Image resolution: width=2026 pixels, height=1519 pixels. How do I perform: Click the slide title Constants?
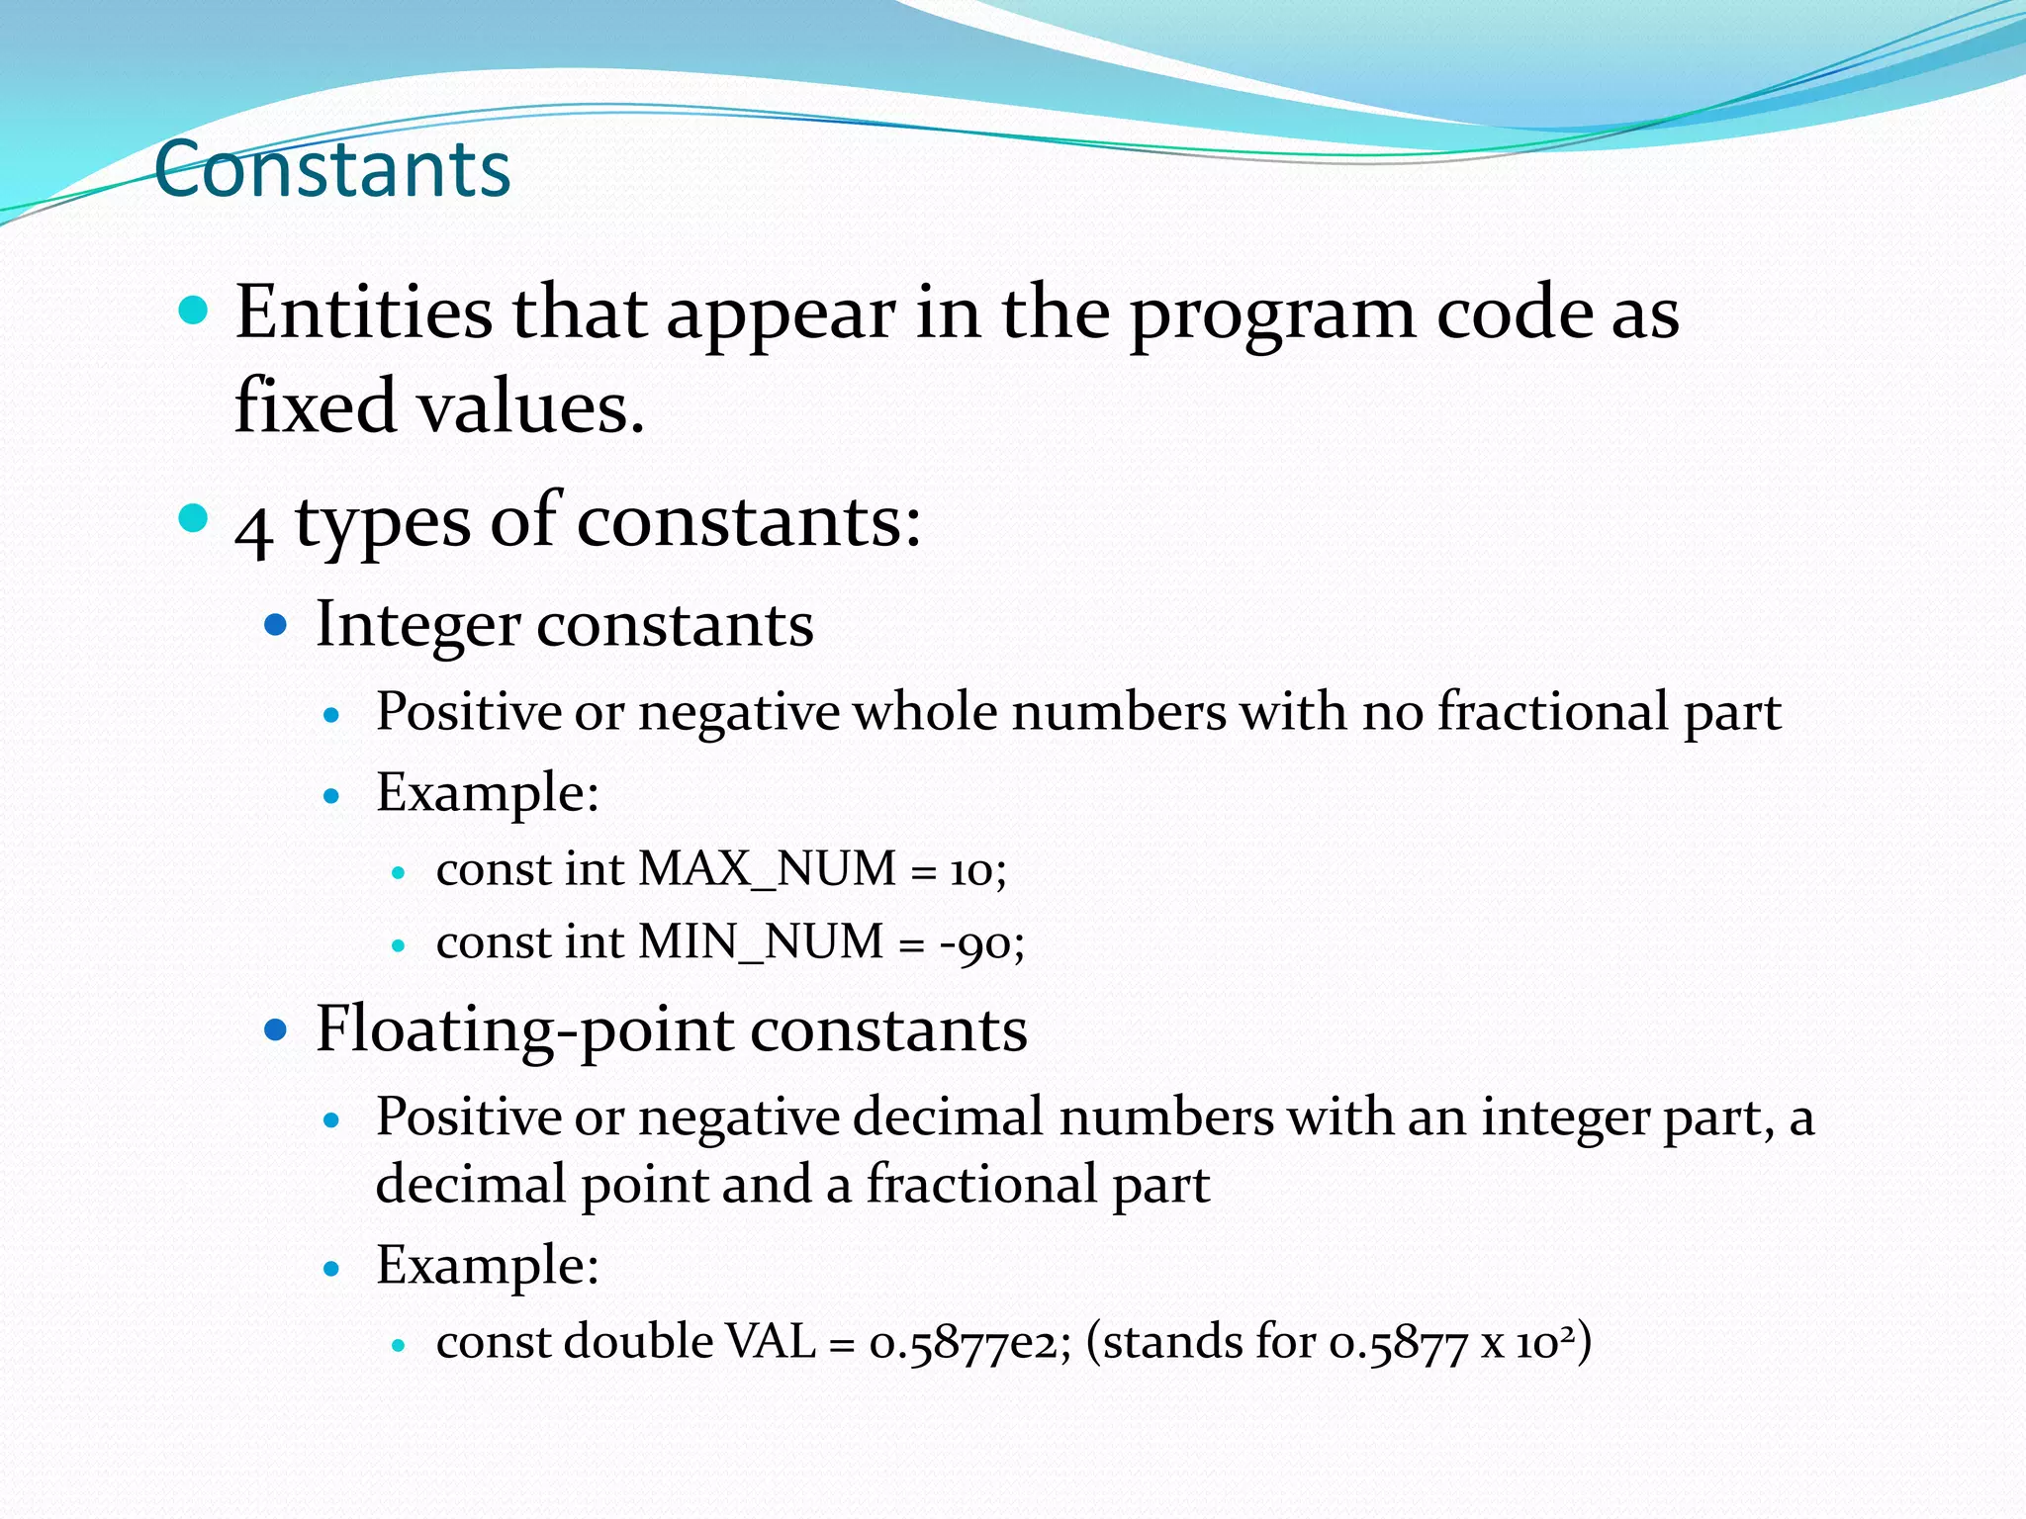(x=332, y=170)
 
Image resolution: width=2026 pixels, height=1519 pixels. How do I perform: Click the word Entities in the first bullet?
(x=363, y=313)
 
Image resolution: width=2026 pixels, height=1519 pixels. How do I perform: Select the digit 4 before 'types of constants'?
(x=254, y=530)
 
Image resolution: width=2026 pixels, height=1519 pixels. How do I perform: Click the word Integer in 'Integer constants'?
(x=417, y=626)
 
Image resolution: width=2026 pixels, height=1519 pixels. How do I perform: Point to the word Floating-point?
(x=523, y=1030)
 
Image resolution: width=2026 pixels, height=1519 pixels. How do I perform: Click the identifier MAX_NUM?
(x=768, y=869)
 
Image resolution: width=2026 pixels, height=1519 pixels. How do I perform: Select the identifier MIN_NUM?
(x=761, y=941)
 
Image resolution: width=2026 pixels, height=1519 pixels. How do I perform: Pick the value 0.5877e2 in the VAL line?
(x=966, y=1343)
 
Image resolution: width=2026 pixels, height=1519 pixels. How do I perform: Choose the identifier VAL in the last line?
(x=771, y=1342)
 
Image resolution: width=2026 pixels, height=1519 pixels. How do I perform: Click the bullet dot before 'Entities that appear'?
(x=194, y=312)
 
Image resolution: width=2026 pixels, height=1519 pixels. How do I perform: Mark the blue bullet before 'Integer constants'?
(x=276, y=626)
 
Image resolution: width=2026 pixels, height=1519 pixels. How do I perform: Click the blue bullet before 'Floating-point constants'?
(x=276, y=1031)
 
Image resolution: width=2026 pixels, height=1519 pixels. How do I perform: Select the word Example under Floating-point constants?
(x=482, y=1266)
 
